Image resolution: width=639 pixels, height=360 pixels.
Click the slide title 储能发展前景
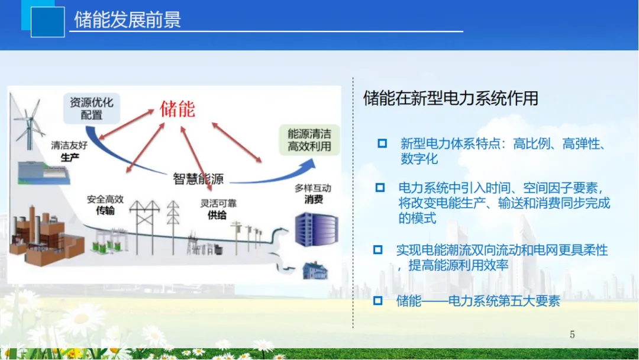pos(127,20)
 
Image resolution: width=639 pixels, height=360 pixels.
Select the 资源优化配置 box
pos(91,108)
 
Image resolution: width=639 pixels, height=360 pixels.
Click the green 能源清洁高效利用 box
pos(309,140)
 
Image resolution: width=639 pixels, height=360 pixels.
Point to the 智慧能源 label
pos(198,178)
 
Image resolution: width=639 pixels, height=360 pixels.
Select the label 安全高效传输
pos(105,205)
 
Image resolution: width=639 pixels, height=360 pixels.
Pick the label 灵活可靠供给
pos(218,209)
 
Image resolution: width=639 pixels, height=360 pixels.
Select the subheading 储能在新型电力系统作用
pos(450,98)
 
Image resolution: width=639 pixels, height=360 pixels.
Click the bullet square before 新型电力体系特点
pos(382,143)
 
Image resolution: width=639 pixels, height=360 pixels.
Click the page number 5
pos(572,335)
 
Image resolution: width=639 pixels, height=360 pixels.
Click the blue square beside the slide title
pos(47,22)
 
